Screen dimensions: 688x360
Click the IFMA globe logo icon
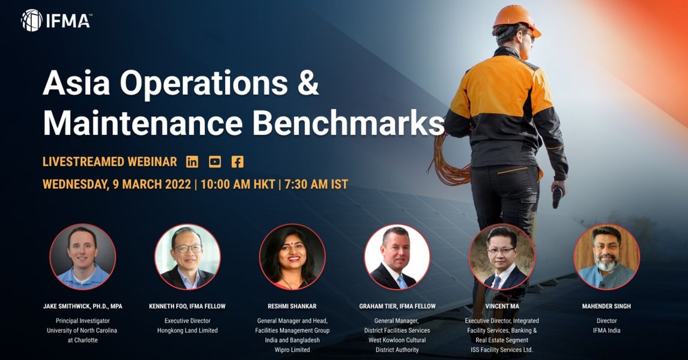pyautogui.click(x=32, y=20)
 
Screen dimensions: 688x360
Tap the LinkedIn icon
pyautogui.click(x=192, y=162)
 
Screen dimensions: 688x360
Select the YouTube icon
pyautogui.click(x=214, y=162)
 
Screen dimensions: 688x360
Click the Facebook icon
pyautogui.click(x=237, y=162)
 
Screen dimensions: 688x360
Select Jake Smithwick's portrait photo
pyautogui.click(x=82, y=257)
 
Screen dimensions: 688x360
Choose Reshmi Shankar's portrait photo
pyautogui.click(x=292, y=257)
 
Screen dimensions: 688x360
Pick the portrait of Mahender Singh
pyautogui.click(x=606, y=257)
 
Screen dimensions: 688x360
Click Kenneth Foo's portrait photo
pyautogui.click(x=187, y=257)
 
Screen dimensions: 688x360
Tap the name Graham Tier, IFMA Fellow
pyautogui.click(x=397, y=307)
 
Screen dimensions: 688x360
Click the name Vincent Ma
pyautogui.click(x=502, y=307)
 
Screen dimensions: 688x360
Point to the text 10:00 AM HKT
pyautogui.click(x=238, y=184)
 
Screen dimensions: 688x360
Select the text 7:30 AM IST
pyautogui.click(x=316, y=184)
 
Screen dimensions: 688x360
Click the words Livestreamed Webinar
pyautogui.click(x=110, y=162)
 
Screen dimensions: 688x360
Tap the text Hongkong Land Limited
pyautogui.click(x=187, y=331)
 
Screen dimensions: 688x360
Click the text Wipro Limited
pyautogui.click(x=292, y=350)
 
